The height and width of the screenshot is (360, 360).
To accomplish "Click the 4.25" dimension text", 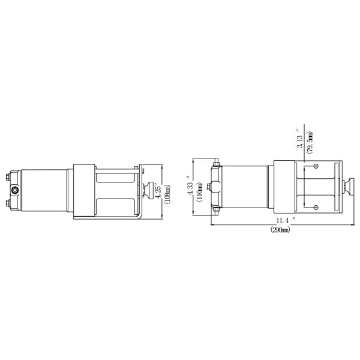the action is tap(158, 191).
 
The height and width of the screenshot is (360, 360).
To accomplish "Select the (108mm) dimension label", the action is tap(167, 194).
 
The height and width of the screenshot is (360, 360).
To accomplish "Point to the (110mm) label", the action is tap(200, 191).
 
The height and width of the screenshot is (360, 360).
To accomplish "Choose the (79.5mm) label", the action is tap(310, 142).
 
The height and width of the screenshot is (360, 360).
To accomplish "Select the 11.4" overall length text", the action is tap(286, 221).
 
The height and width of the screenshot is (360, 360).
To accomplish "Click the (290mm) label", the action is tap(280, 229).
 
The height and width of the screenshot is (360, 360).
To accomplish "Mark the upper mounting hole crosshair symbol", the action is tap(316, 166).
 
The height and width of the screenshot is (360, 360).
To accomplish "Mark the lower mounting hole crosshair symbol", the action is tap(316, 208).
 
